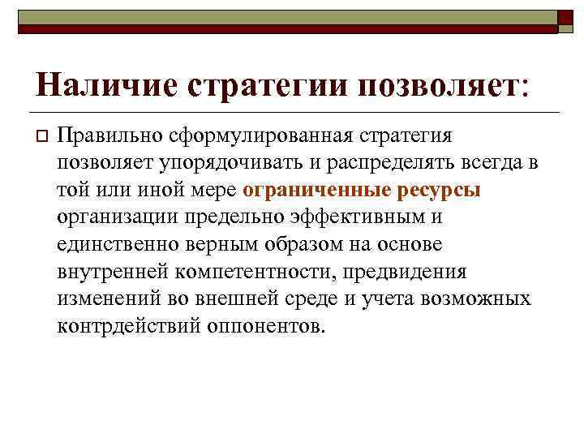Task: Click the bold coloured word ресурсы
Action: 441,190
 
